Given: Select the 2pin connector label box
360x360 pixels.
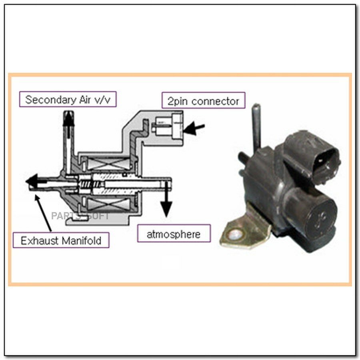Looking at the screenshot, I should click(x=203, y=101).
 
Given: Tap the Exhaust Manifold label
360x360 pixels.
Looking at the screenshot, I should click(x=60, y=240).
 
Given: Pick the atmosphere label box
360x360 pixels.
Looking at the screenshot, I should click(x=173, y=234).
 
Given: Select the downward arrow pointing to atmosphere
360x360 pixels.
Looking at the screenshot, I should click(x=166, y=206).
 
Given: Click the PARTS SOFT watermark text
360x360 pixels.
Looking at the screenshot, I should click(x=80, y=216).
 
